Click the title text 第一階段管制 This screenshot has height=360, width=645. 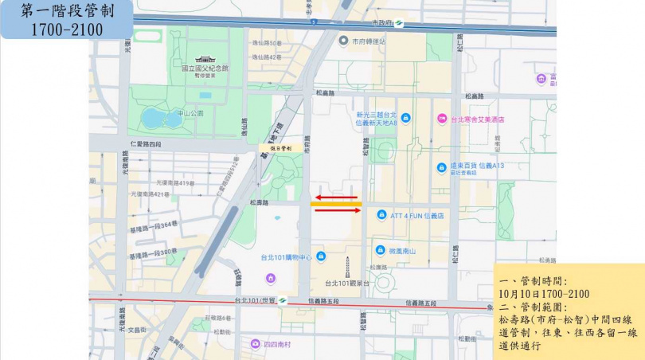[x=66, y=13]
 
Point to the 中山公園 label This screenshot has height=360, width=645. [x=190, y=113]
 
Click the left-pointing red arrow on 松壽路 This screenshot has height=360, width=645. [x=335, y=197]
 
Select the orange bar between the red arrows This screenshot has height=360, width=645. [x=336, y=204]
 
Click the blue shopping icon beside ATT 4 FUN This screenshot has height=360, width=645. [x=381, y=215]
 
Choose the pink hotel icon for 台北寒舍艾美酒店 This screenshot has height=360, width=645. [x=442, y=119]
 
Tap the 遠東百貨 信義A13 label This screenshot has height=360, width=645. [x=478, y=166]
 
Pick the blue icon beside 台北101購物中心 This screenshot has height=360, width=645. [x=319, y=256]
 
